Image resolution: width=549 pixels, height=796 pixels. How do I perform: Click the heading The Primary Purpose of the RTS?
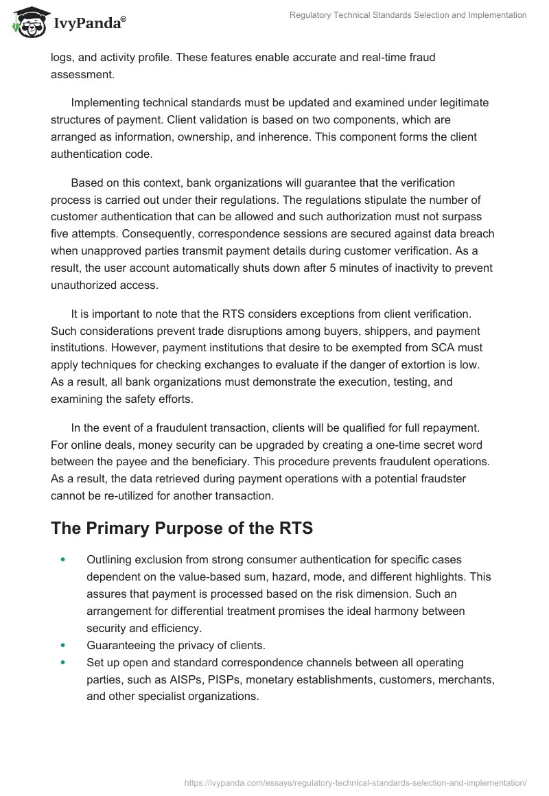click(183, 528)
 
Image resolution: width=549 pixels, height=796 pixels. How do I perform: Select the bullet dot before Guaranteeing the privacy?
click(63, 645)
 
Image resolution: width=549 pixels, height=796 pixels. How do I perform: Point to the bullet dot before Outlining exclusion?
click(63, 560)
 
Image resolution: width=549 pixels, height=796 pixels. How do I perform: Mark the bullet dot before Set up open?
click(63, 662)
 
